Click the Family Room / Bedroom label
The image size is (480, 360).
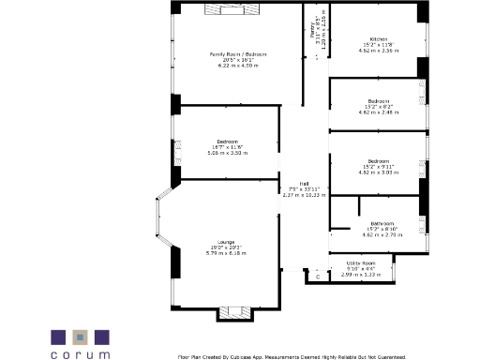(237, 54)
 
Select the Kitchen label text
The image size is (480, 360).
(380, 38)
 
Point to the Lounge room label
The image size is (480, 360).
(226, 242)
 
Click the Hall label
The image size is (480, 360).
(305, 183)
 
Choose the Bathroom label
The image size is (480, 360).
(380, 223)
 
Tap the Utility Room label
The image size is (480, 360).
(361, 263)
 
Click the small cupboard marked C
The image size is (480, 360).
(317, 277)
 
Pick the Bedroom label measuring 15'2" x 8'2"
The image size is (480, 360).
(379, 100)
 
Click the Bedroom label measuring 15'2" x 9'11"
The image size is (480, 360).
(379, 160)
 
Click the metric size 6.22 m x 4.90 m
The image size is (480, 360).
(237, 66)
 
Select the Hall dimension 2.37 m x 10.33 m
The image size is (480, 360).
(305, 195)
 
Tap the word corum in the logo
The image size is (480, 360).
(80, 354)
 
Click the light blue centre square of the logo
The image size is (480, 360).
(81, 336)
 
